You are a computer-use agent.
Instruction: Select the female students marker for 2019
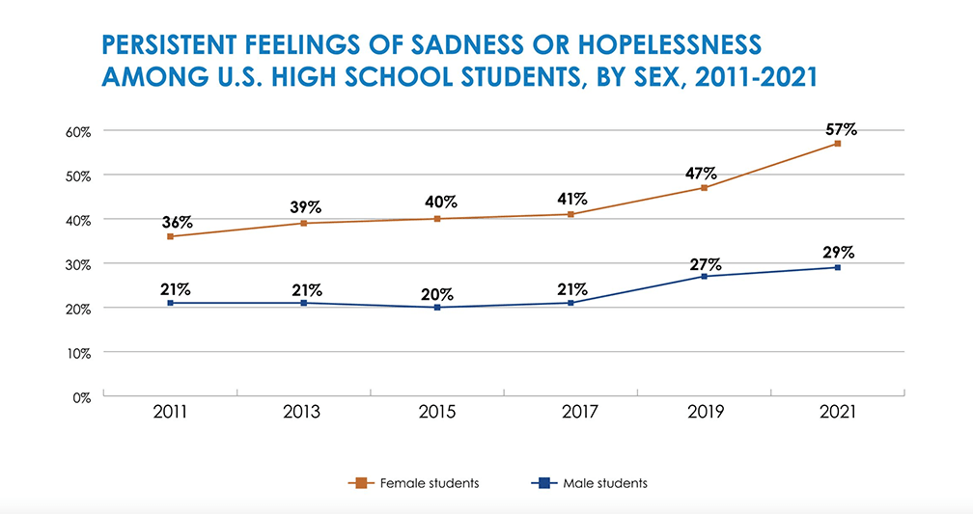(x=704, y=188)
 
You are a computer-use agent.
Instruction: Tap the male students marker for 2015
(x=437, y=308)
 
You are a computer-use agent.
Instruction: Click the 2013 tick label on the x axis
(x=303, y=413)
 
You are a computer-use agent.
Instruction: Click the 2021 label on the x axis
(x=837, y=413)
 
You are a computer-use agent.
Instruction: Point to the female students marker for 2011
(x=171, y=236)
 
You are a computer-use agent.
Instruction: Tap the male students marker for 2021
(x=837, y=267)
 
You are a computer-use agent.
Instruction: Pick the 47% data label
(x=702, y=174)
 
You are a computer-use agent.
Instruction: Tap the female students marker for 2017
(x=570, y=214)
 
